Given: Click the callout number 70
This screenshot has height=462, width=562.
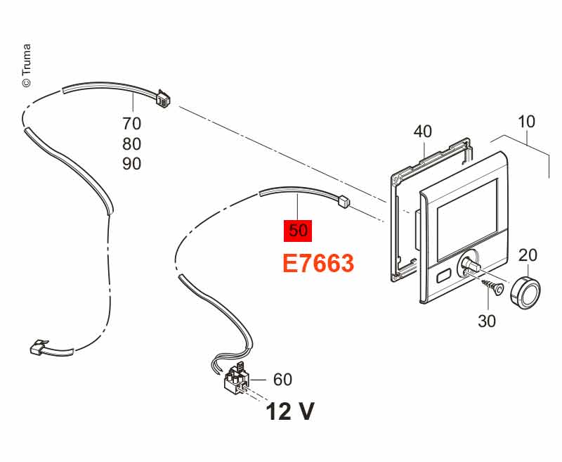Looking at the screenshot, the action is [132, 124].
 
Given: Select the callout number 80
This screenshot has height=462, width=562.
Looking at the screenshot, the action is [132, 144].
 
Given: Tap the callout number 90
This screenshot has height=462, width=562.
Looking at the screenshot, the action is [132, 164].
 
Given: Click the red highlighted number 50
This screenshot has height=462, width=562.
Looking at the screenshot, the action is [298, 231].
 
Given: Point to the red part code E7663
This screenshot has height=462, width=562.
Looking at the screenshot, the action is [318, 263].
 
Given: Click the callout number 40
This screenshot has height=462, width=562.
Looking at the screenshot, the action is [423, 131].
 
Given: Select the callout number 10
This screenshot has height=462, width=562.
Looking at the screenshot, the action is [526, 122].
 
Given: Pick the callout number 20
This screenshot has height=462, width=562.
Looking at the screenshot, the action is [528, 255].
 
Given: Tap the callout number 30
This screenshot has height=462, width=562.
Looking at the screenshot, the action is [487, 321].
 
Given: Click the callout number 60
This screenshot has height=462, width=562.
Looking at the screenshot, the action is [283, 380].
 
